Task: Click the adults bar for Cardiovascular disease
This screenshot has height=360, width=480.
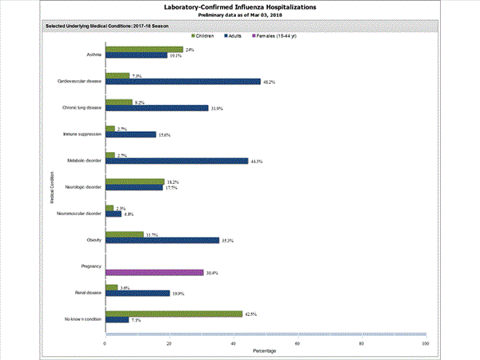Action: click(x=182, y=82)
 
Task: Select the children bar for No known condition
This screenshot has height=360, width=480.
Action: click(x=174, y=314)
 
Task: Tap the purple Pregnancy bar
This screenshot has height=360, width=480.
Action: click(x=154, y=273)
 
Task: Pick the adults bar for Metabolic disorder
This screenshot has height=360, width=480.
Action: click(x=177, y=161)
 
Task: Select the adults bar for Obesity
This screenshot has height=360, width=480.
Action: click(x=162, y=240)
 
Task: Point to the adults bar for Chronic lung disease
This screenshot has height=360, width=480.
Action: click(x=157, y=108)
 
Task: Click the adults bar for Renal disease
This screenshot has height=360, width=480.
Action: click(x=138, y=293)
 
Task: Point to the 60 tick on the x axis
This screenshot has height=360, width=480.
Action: click(x=298, y=343)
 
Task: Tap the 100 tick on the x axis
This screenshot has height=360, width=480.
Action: click(x=425, y=343)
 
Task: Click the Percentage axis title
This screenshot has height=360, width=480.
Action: click(x=266, y=352)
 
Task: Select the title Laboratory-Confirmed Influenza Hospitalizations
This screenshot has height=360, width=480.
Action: click(x=239, y=6)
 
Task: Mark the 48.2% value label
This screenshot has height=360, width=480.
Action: click(x=270, y=82)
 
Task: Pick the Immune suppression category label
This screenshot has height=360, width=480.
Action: click(x=82, y=134)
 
